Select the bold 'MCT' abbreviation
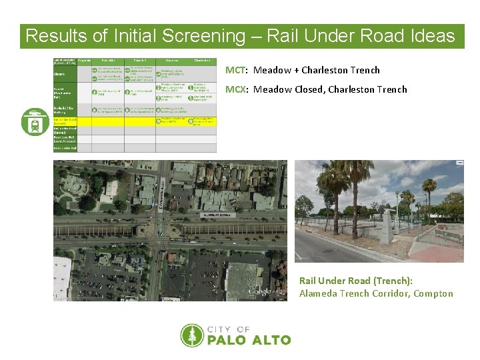[x=235, y=70]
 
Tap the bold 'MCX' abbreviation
[x=235, y=89]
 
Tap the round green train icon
[x=35, y=121]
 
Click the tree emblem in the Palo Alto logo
[x=192, y=335]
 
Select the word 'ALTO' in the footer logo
[x=270, y=340]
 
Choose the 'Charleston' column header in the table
[x=201, y=61]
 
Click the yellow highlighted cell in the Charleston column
[x=202, y=121]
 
